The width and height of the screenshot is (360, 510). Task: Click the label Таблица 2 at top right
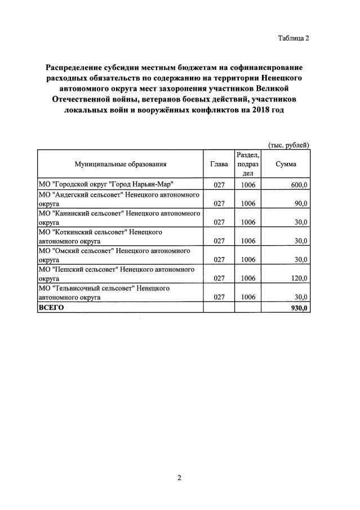tap(294, 39)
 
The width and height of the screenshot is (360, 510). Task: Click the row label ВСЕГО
tap(51, 307)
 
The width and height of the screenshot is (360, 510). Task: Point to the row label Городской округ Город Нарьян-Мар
tap(105, 185)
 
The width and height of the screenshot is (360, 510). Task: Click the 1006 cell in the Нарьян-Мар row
tap(248, 185)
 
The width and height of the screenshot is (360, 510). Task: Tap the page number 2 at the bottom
tap(179, 478)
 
